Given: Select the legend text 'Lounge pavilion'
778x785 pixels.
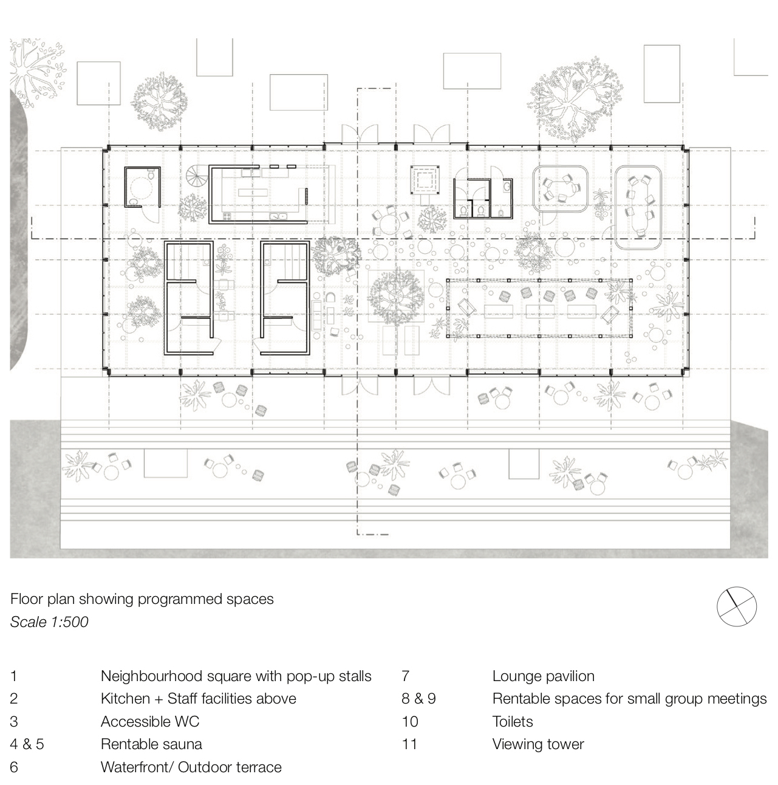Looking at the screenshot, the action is pos(544,676).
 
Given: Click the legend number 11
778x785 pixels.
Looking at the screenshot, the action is pos(409,744).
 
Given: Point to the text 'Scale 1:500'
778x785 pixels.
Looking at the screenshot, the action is pos(49,622).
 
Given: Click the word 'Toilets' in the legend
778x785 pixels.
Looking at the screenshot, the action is pos(513,721).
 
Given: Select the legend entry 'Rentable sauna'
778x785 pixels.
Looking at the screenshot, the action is pos(151,744).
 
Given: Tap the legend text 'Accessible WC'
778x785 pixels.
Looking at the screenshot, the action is pos(150,721).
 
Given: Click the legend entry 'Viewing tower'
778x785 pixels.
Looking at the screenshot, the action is pos(538,744).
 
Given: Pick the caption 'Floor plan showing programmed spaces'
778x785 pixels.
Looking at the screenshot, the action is pos(142,599).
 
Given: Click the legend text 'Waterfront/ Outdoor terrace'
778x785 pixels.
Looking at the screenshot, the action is pos(191,767).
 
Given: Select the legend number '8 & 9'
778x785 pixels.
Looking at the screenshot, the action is pos(418,699).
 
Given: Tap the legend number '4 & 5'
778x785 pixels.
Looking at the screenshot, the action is pos(27,744).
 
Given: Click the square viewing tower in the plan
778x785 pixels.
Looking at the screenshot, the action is pos(425,180).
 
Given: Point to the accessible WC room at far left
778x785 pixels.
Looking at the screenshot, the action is pos(142,187).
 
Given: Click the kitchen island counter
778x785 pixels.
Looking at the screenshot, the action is pos(253,193).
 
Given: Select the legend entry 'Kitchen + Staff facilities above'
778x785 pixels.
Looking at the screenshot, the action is pos(199,699).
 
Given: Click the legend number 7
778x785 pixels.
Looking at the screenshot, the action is pos(405,676).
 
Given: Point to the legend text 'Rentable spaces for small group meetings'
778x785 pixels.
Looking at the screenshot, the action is pos(629,699).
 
